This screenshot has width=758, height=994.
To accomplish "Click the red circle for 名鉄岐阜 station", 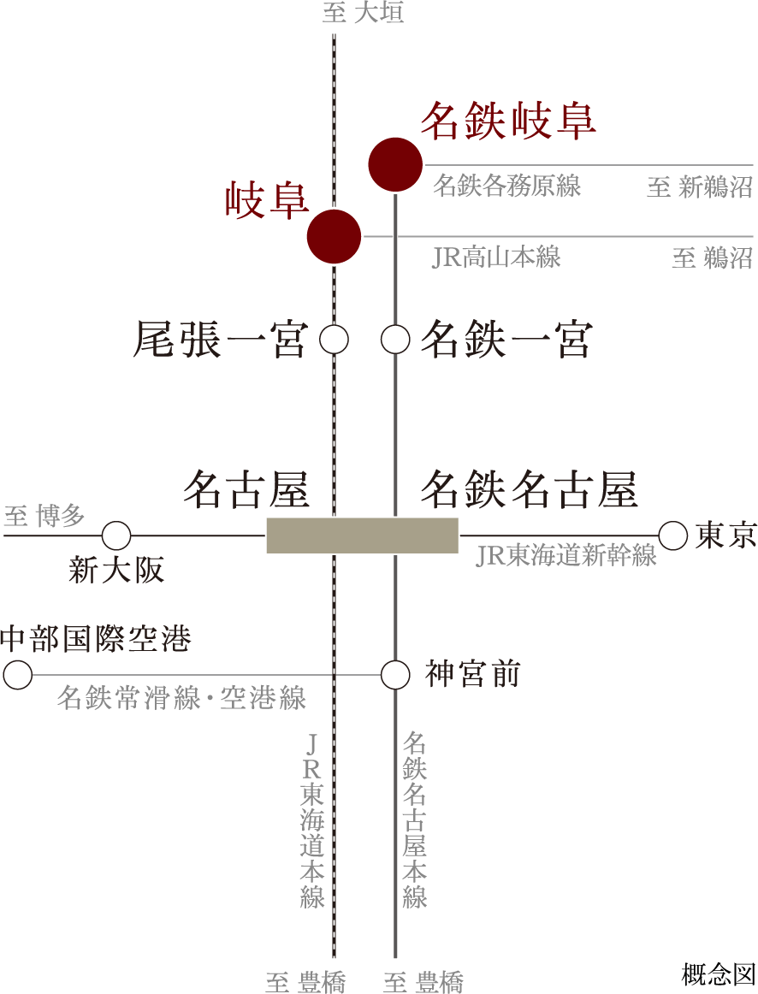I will click(395, 164).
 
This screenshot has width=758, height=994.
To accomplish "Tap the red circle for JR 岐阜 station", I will click(335, 236).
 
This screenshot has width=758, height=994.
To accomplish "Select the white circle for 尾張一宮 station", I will click(335, 340).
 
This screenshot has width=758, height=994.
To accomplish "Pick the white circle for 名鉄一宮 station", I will click(395, 340).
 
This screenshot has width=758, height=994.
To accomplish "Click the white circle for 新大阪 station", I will click(116, 535).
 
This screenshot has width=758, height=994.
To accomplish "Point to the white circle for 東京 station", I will click(673, 535).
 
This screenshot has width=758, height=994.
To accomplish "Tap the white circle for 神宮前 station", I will click(395, 675).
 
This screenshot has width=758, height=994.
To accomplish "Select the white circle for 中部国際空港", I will click(18, 675).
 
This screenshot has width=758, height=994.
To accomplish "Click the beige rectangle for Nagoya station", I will click(362, 535).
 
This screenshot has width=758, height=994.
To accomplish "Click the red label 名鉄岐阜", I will click(507, 121).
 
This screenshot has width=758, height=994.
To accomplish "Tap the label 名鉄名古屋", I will click(529, 490).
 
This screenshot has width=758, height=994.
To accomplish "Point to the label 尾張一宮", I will click(220, 340).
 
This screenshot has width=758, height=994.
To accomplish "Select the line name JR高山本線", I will click(496, 257).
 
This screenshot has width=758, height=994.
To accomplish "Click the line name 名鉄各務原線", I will click(506, 186).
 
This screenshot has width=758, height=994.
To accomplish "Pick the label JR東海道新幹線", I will click(566, 556).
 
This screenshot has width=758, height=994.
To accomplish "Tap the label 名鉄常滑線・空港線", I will click(181, 697).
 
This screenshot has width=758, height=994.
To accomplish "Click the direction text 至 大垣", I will click(363, 13).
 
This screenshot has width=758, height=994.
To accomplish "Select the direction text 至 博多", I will click(44, 516).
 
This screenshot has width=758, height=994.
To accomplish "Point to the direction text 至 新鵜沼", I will click(699, 187).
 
